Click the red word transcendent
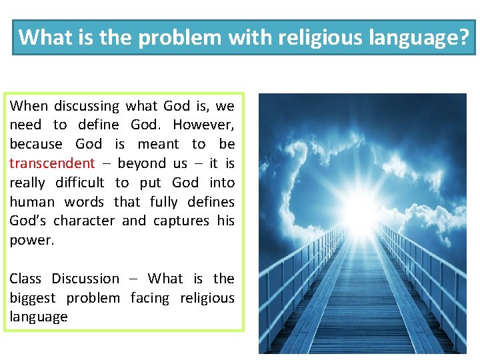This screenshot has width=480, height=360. coord(52,163)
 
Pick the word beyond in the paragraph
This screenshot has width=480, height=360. coord(142,163)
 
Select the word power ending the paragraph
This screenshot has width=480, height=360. coord(31,240)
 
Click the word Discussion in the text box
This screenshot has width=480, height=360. coord(86,279)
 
